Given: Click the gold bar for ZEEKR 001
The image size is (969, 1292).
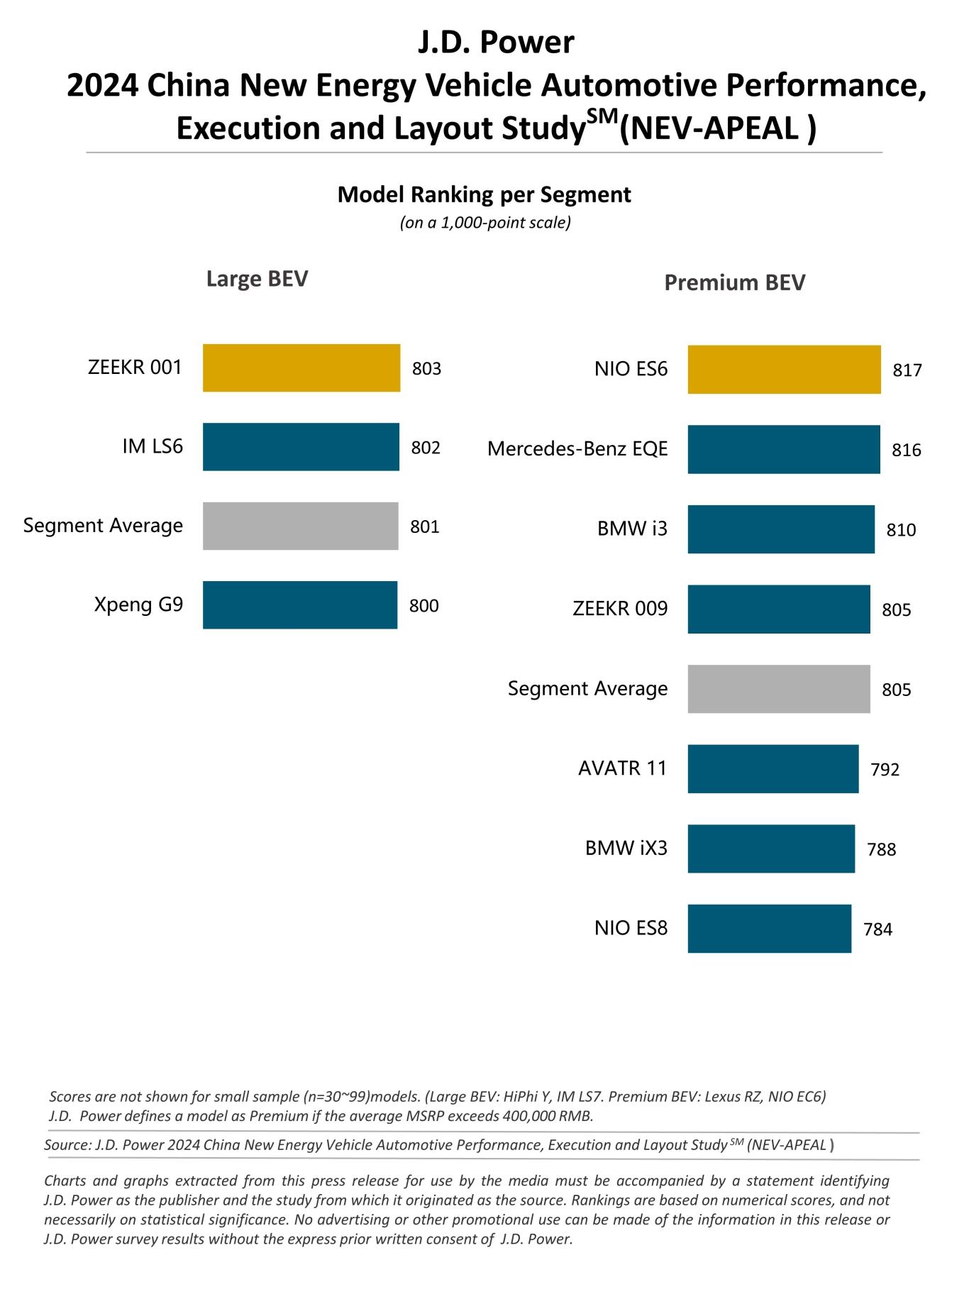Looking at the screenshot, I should click(301, 368).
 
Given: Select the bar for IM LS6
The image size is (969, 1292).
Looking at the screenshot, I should click(301, 446).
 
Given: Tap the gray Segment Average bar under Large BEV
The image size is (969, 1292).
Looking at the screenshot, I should click(300, 526).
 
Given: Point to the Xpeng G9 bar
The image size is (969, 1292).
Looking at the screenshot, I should click(299, 604).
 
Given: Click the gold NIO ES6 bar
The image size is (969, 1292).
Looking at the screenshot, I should click(784, 370).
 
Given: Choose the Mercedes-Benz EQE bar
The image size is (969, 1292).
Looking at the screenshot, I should click(783, 449).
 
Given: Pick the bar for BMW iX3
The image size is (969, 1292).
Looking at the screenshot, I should click(770, 849).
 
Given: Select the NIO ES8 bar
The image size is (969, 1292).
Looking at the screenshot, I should click(769, 928).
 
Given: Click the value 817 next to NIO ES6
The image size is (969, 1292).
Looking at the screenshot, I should click(907, 370).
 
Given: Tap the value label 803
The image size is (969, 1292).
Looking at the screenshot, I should click(426, 369).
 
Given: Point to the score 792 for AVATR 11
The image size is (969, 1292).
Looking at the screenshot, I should click(885, 770).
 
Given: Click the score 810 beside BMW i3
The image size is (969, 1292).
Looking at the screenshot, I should click(901, 530).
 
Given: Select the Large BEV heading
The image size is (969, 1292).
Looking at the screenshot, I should click(257, 279).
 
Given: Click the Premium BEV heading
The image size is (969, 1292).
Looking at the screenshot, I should click(734, 283).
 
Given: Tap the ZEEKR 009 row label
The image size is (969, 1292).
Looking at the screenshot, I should click(620, 609).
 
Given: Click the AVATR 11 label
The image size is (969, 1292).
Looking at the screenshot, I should click(622, 768).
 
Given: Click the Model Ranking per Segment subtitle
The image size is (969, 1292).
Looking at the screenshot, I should click(484, 194).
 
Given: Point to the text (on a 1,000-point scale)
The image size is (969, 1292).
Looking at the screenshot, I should click(485, 223).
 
